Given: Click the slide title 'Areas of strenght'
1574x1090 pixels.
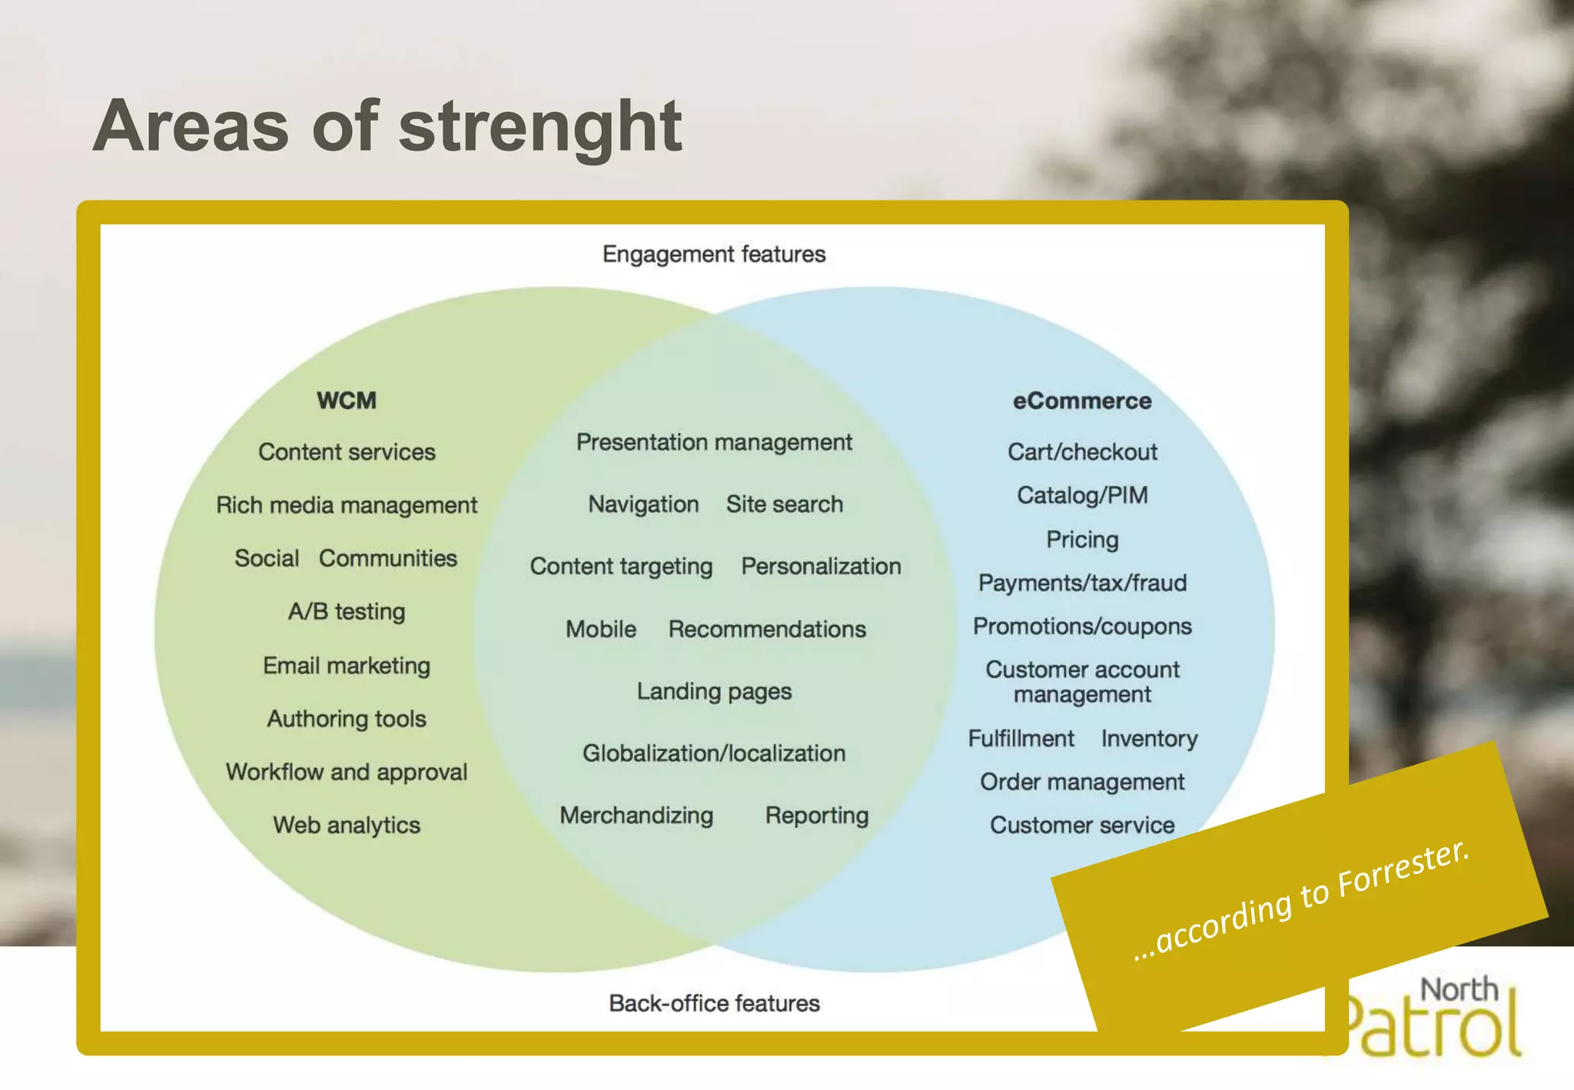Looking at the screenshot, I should (387, 126).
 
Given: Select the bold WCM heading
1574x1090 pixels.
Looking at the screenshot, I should (347, 400).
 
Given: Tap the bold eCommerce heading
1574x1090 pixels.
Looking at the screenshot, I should (1082, 400).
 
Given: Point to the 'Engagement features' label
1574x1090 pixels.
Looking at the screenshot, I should (714, 254).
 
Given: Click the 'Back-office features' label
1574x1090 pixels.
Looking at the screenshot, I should (714, 1003).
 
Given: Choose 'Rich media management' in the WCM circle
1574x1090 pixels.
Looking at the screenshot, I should (347, 505).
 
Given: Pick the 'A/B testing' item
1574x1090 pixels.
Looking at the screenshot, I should (347, 611).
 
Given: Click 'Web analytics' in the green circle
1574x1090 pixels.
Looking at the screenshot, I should (347, 825).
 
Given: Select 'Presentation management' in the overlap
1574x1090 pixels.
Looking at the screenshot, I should (714, 442).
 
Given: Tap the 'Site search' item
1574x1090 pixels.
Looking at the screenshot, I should (785, 504).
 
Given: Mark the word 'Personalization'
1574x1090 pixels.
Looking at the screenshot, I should (821, 567).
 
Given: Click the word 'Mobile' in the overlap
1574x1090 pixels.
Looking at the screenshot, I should (601, 629).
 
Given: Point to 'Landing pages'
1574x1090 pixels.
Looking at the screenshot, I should (714, 691).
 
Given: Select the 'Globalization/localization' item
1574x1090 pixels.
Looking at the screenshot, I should (714, 753).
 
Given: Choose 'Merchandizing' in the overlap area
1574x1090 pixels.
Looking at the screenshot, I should (636, 815).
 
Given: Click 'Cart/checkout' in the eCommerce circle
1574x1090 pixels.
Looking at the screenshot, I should (1082, 452).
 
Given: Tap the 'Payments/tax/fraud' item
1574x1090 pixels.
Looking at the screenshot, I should (1082, 583).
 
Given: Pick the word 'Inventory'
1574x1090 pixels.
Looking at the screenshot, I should (1149, 739).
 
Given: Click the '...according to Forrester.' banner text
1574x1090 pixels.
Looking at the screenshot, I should (1301, 899).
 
